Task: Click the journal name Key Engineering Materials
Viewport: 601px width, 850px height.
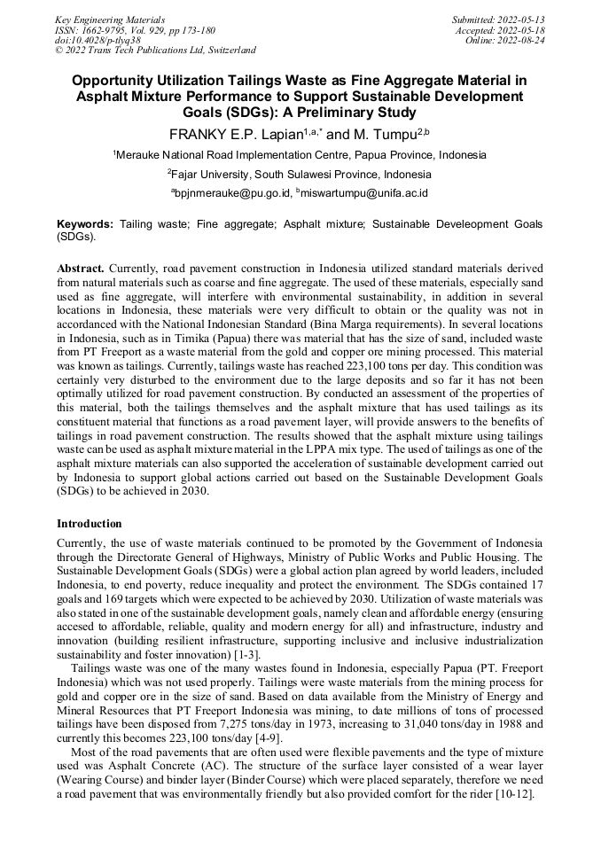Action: (110, 19)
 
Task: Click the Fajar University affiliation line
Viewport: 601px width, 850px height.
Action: (300, 174)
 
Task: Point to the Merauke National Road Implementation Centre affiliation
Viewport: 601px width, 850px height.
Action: (300, 154)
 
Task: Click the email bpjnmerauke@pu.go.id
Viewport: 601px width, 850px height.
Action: (230, 192)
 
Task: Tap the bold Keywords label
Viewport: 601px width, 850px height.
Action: (85, 225)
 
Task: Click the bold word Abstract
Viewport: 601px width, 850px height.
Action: (82, 267)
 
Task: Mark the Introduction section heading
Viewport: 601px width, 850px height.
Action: (90, 524)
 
